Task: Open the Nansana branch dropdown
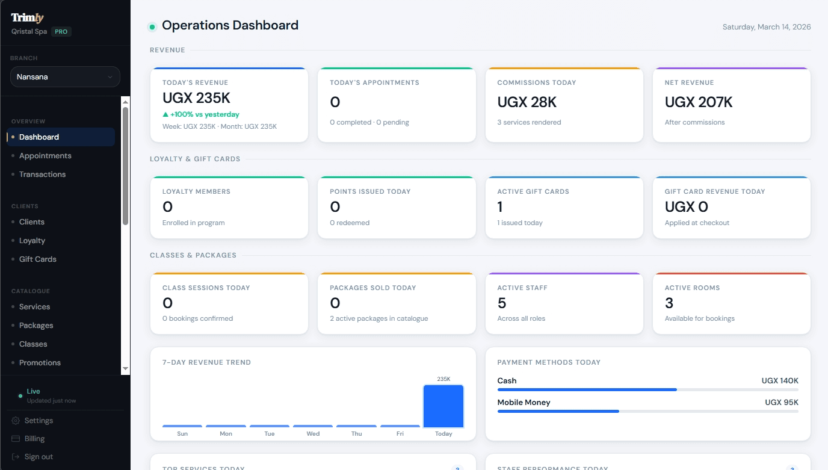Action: pyautogui.click(x=65, y=77)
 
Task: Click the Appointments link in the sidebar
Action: pyautogui.click(x=45, y=156)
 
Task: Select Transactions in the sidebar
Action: pyautogui.click(x=42, y=175)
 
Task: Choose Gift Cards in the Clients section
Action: pyautogui.click(x=37, y=259)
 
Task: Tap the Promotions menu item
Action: pyautogui.click(x=40, y=363)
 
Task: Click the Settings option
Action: pyautogui.click(x=39, y=421)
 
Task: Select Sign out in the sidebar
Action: pyautogui.click(x=39, y=457)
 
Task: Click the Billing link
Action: pyautogui.click(x=34, y=439)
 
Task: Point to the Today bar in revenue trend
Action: pyautogui.click(x=443, y=406)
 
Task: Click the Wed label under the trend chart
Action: pyautogui.click(x=313, y=434)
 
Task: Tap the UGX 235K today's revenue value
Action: pyautogui.click(x=196, y=98)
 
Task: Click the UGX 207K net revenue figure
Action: pyautogui.click(x=699, y=103)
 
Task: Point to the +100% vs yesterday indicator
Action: pyautogui.click(x=201, y=114)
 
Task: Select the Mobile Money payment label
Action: pyautogui.click(x=524, y=403)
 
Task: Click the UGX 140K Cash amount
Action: pyautogui.click(x=780, y=381)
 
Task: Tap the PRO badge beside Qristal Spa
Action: pyautogui.click(x=61, y=32)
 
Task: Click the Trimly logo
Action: pyautogui.click(x=28, y=18)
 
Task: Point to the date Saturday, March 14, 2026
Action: pyautogui.click(x=767, y=27)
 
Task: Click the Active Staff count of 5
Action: pyautogui.click(x=502, y=303)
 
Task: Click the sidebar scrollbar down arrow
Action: pyautogui.click(x=126, y=368)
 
